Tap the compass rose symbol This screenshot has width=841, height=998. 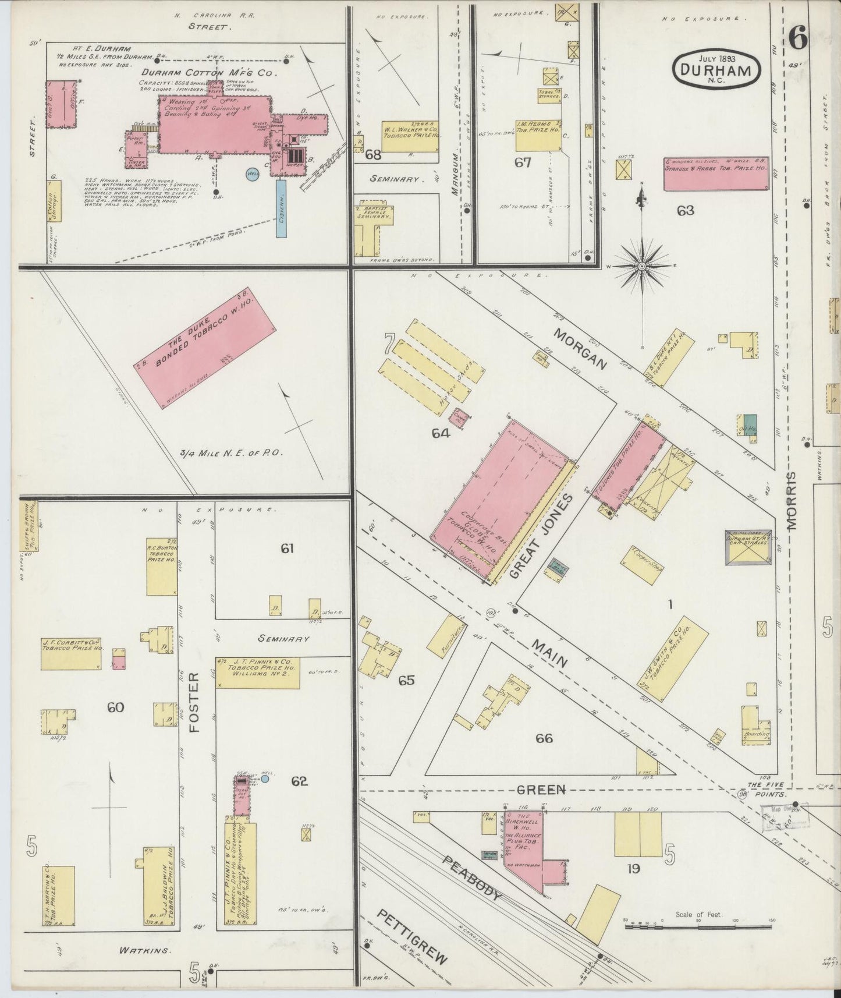tap(642, 266)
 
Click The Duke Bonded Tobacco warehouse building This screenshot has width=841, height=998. tap(205, 353)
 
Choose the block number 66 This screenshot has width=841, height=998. tap(544, 738)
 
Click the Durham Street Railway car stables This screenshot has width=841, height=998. tap(748, 547)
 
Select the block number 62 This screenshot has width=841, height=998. tap(299, 781)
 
